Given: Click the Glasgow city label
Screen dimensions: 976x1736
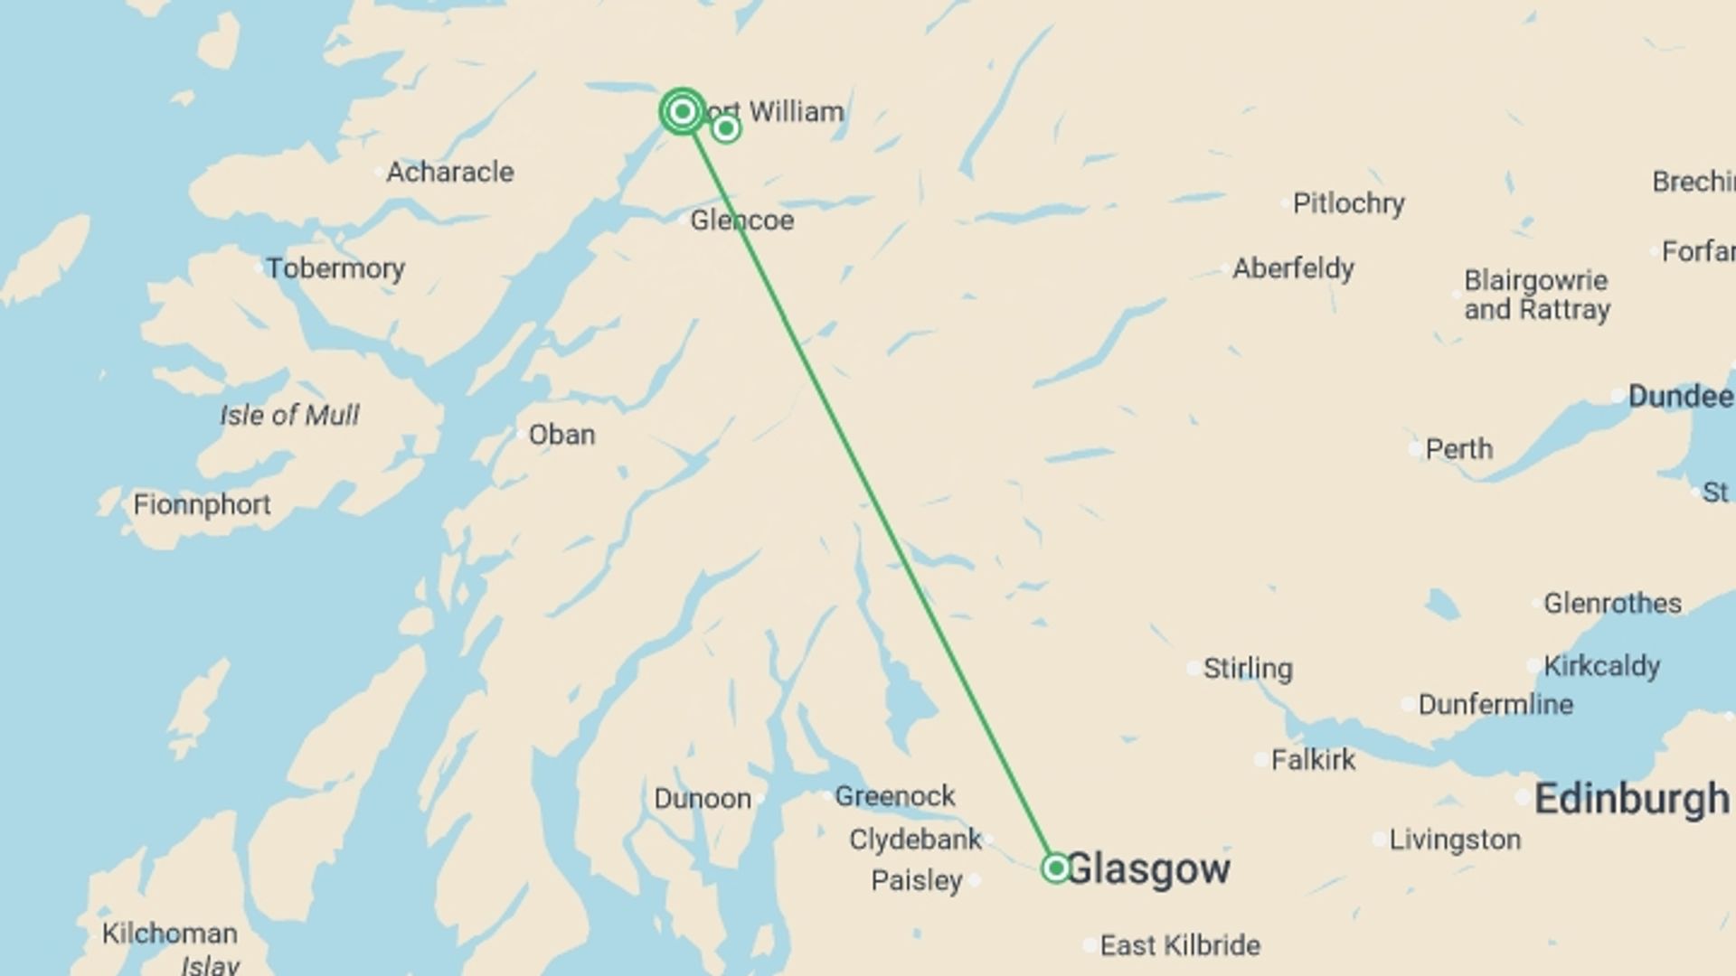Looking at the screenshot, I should point(1148,868).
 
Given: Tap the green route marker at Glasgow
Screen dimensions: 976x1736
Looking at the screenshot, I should point(1055,868).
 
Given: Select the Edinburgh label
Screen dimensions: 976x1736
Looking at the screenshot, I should point(1631,799).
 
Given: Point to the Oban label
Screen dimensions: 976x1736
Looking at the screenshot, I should point(561,435).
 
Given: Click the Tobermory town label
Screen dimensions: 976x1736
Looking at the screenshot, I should point(335,268).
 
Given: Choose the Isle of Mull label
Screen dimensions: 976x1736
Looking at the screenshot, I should point(289,415).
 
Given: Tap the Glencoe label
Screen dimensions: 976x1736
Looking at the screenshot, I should point(741,221).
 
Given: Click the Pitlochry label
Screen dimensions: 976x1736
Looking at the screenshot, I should point(1348,203).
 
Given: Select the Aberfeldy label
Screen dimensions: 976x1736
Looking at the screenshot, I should point(1293,268).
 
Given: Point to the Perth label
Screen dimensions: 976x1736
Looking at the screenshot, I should point(1458,449).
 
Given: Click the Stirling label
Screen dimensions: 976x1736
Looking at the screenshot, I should point(1248,669).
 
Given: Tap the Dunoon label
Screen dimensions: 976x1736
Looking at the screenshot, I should point(703,799).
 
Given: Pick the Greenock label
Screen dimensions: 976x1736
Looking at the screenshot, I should point(894,796).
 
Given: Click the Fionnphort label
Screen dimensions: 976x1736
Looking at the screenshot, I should point(202,504).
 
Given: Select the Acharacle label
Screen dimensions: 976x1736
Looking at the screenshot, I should point(449,172).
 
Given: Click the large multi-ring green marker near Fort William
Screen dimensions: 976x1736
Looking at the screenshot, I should point(683,111).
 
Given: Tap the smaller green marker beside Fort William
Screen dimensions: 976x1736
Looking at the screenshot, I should point(725,129).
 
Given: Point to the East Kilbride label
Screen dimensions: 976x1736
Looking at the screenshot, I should point(1180,945).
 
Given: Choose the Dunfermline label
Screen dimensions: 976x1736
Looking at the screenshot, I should point(1495,704).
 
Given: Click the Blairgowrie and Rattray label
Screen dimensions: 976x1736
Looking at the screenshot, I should point(1537,295).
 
